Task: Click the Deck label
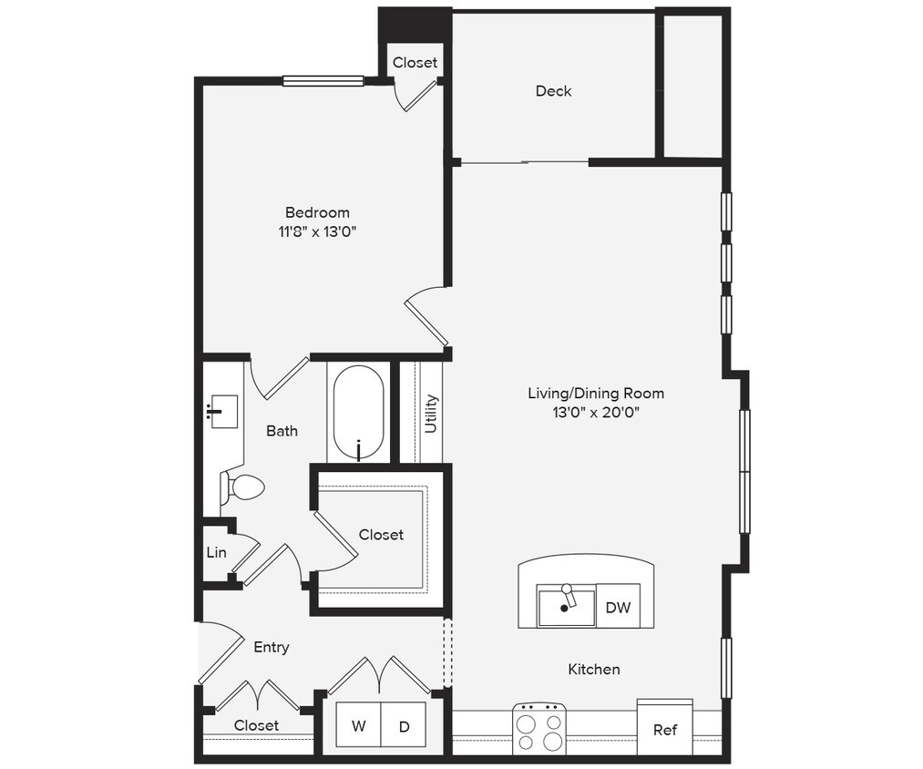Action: pyautogui.click(x=553, y=91)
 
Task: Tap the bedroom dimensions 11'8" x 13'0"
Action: pyautogui.click(x=317, y=231)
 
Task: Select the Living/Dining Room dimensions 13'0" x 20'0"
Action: pyautogui.click(x=596, y=413)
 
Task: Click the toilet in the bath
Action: pyautogui.click(x=243, y=488)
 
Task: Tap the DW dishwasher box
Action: pyautogui.click(x=618, y=608)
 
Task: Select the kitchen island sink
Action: pyautogui.click(x=566, y=607)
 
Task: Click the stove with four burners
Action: pyautogui.click(x=539, y=730)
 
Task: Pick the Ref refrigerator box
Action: pyautogui.click(x=665, y=730)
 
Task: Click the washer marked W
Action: pyautogui.click(x=358, y=726)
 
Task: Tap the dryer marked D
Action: pyautogui.click(x=403, y=726)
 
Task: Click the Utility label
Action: pyautogui.click(x=432, y=414)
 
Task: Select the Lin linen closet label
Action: pyautogui.click(x=216, y=552)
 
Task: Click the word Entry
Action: pyautogui.click(x=271, y=647)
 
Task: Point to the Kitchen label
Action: pyautogui.click(x=594, y=670)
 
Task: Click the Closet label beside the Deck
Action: pyautogui.click(x=415, y=63)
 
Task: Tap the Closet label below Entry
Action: pyautogui.click(x=256, y=725)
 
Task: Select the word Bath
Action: pyautogui.click(x=282, y=431)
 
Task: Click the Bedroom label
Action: pyautogui.click(x=317, y=212)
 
